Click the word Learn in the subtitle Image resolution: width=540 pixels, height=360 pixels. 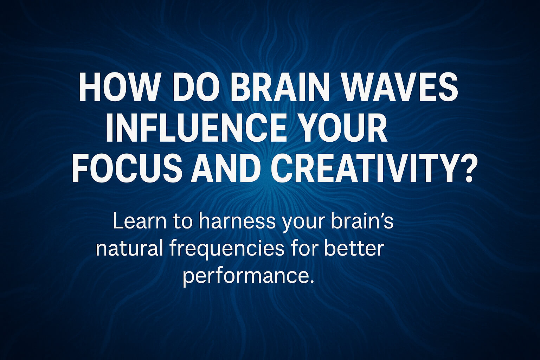(137, 222)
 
